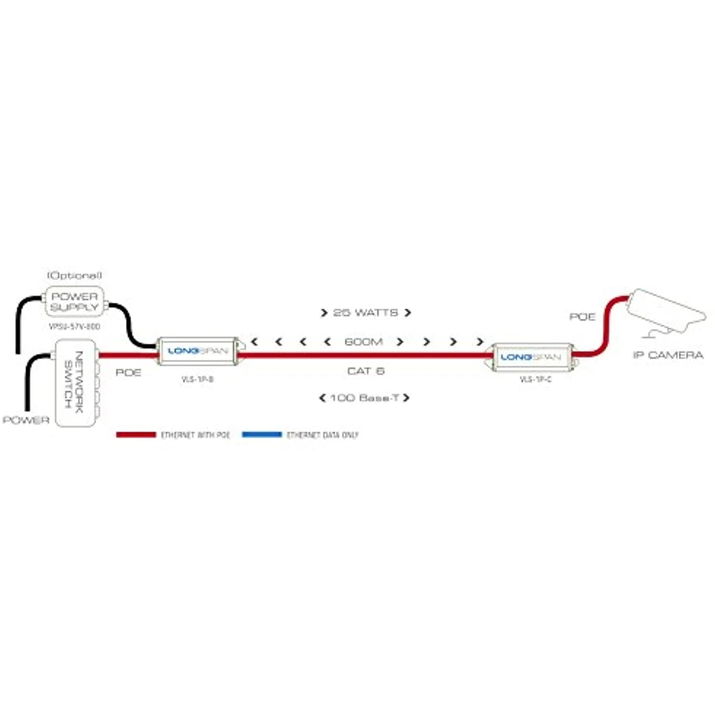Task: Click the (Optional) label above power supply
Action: point(74,276)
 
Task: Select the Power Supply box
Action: point(74,302)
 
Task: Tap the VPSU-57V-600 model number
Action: point(74,327)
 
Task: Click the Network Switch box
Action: point(75,382)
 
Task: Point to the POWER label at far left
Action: point(26,420)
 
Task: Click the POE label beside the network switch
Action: point(128,372)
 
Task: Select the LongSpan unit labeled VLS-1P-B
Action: point(197,351)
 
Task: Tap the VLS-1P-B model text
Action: point(197,379)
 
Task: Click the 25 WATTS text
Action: point(365,313)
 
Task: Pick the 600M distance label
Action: point(363,342)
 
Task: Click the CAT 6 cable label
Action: point(366,371)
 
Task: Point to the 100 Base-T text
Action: point(365,398)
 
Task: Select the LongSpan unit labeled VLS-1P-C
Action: point(531,357)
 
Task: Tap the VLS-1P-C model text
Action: point(535,379)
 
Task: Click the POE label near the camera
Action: point(582,317)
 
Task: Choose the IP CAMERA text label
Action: point(668,355)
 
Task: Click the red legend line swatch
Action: point(136,435)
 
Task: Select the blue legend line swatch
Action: point(262,435)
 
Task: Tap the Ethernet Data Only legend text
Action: point(322,435)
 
